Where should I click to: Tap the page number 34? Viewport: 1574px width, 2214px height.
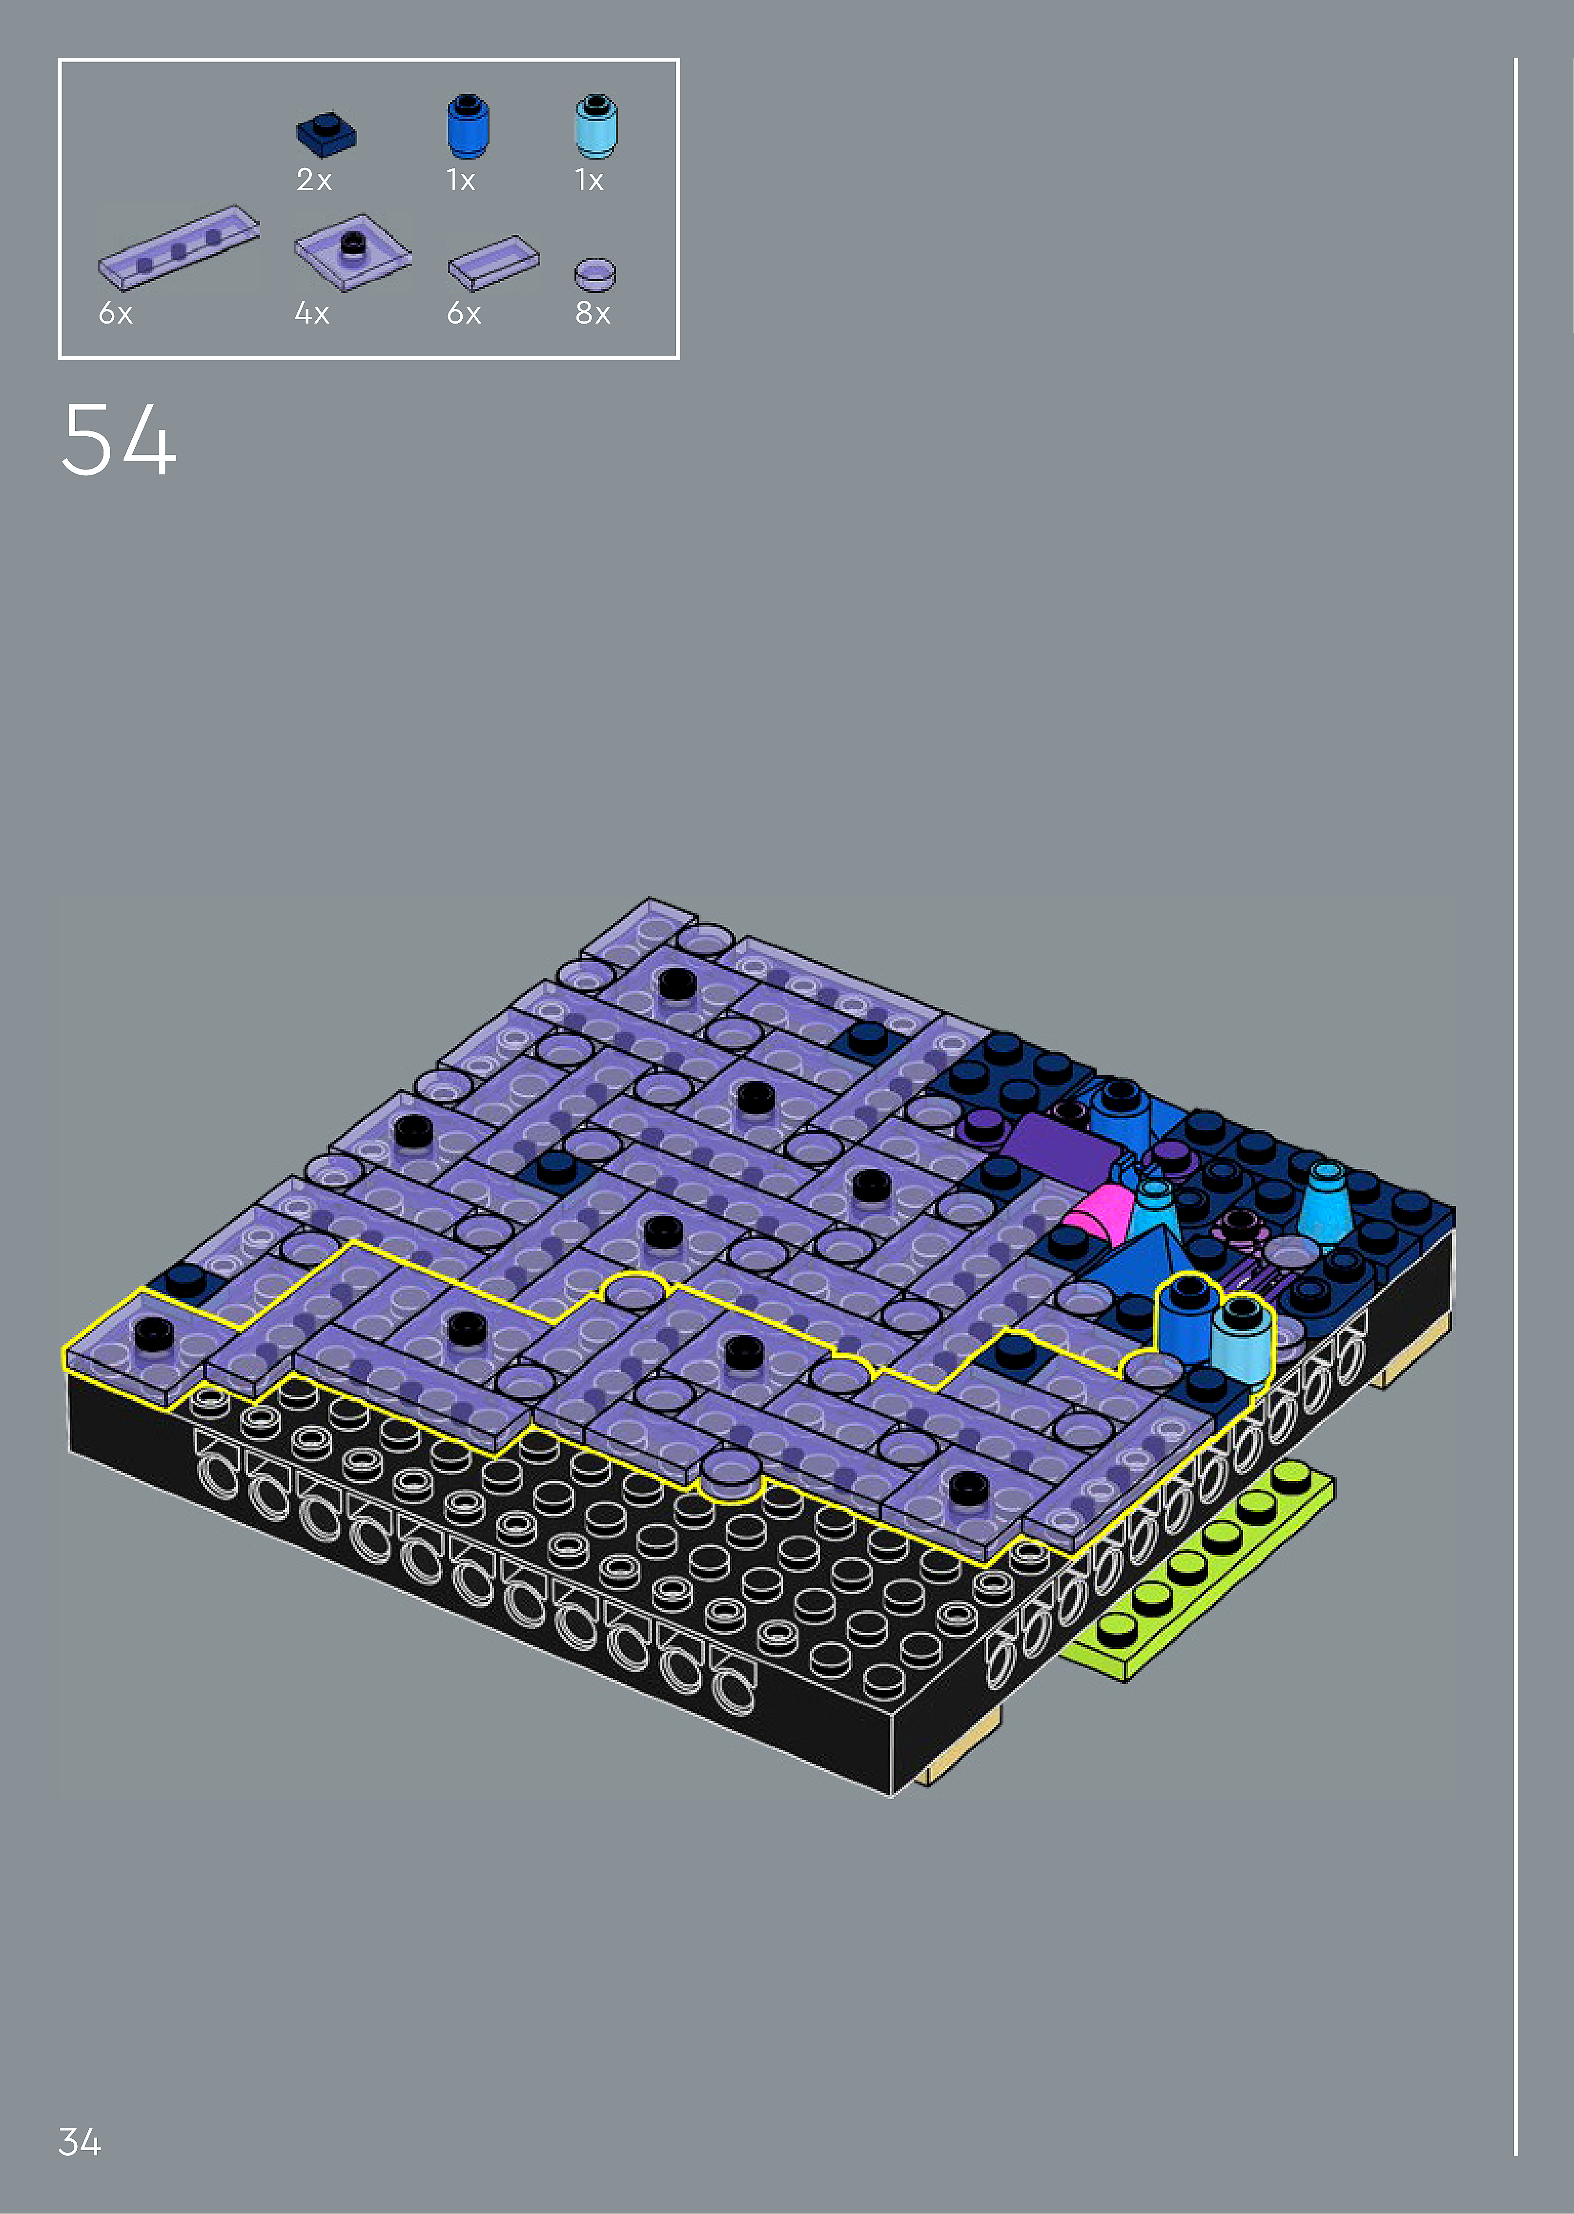[80, 2141]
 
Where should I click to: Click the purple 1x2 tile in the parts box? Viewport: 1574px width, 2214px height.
[493, 262]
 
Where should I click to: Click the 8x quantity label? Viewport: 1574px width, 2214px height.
[592, 313]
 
